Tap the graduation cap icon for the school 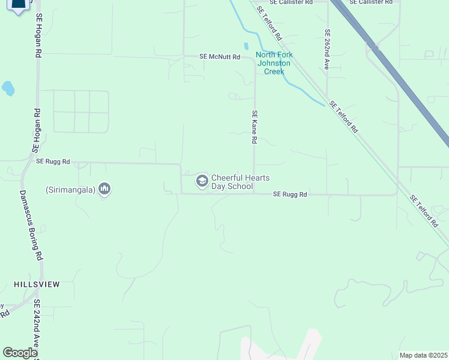click(202, 181)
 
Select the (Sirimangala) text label click(70, 190)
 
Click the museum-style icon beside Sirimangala click(105, 190)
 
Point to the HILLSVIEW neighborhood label click(37, 284)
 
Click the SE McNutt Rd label click(220, 57)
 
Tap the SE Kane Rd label click(255, 127)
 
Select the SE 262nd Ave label click(327, 49)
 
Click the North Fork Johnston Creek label click(273, 63)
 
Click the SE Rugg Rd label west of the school click(53, 161)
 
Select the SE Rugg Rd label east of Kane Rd click(290, 194)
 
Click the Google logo click(20, 353)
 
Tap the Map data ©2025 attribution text click(424, 355)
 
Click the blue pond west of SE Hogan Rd click(8, 89)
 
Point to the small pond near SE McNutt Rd click(246, 46)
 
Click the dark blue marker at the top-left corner click(19, 6)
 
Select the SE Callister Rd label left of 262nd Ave click(292, 2)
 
